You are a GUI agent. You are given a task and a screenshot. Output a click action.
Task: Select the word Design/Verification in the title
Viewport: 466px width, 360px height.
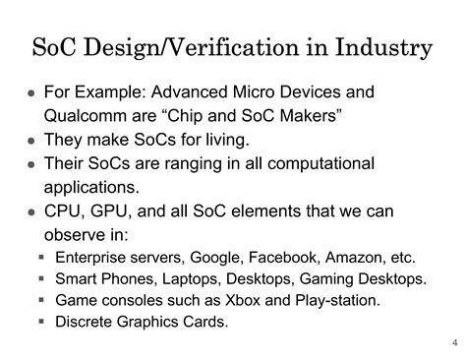coord(173,45)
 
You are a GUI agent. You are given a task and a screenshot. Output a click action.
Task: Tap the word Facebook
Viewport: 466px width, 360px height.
coord(287,258)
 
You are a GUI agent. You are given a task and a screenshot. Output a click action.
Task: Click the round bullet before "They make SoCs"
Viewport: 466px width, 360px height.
coord(30,141)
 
